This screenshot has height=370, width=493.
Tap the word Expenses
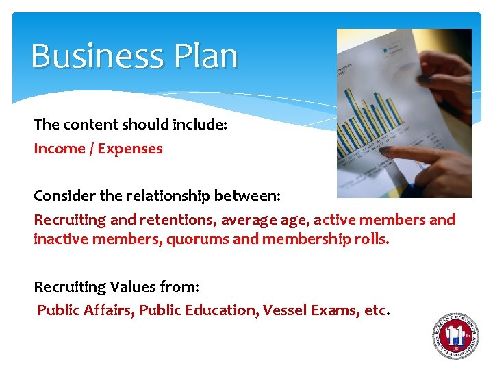pos(130,149)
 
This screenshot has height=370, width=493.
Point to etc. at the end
pos(377,310)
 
